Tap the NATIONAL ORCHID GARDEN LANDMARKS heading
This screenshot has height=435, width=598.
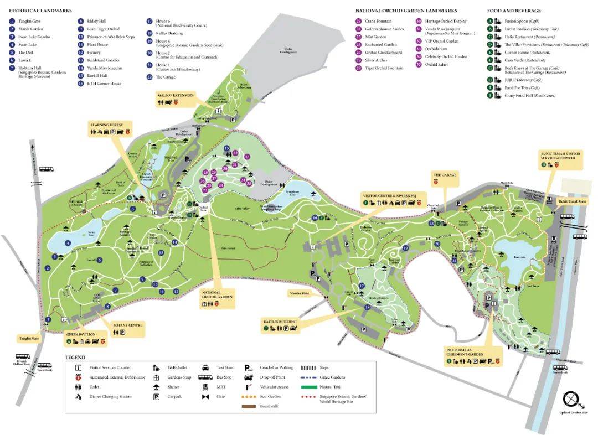pos(406,11)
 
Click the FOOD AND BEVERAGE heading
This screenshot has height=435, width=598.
pos(514,11)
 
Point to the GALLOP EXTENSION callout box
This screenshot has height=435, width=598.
pos(175,99)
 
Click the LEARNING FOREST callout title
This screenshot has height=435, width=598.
pos(110,125)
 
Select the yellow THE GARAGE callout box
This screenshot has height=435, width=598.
pos(444,178)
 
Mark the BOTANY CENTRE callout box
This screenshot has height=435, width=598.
pos(128,329)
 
